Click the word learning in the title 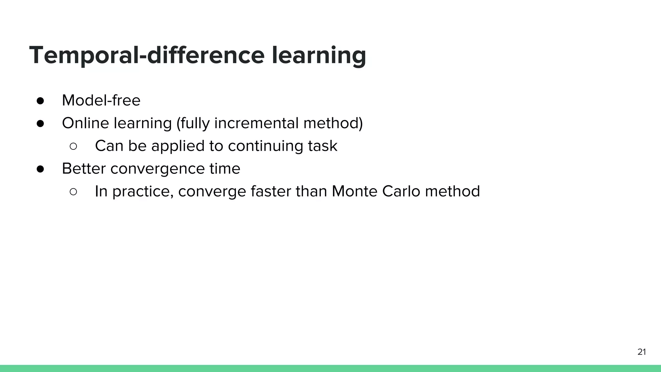319,55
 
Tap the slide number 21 642,352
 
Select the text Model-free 101,100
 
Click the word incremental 256,123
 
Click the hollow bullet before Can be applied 73,147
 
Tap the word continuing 265,146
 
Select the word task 322,146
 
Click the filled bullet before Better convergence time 40,169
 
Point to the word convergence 157,169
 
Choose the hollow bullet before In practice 73,192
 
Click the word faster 270,191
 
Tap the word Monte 354,191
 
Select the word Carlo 401,191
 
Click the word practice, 143,191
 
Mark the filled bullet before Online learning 40,124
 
